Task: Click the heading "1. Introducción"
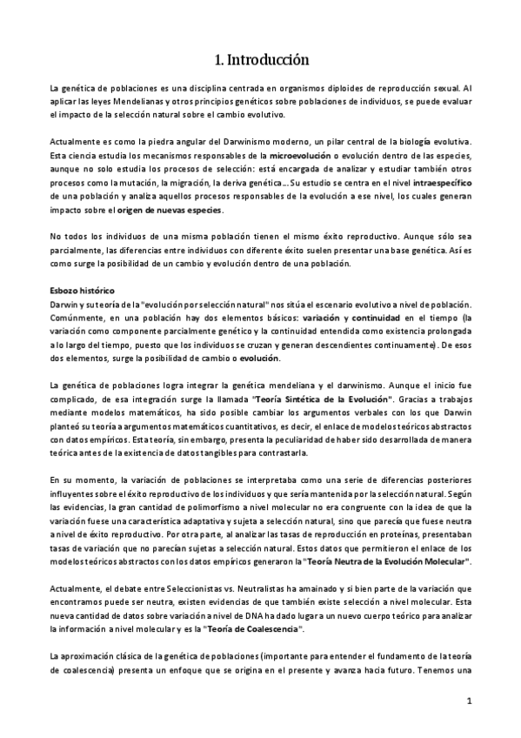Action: click(x=261, y=60)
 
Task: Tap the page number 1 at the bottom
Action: click(x=468, y=701)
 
